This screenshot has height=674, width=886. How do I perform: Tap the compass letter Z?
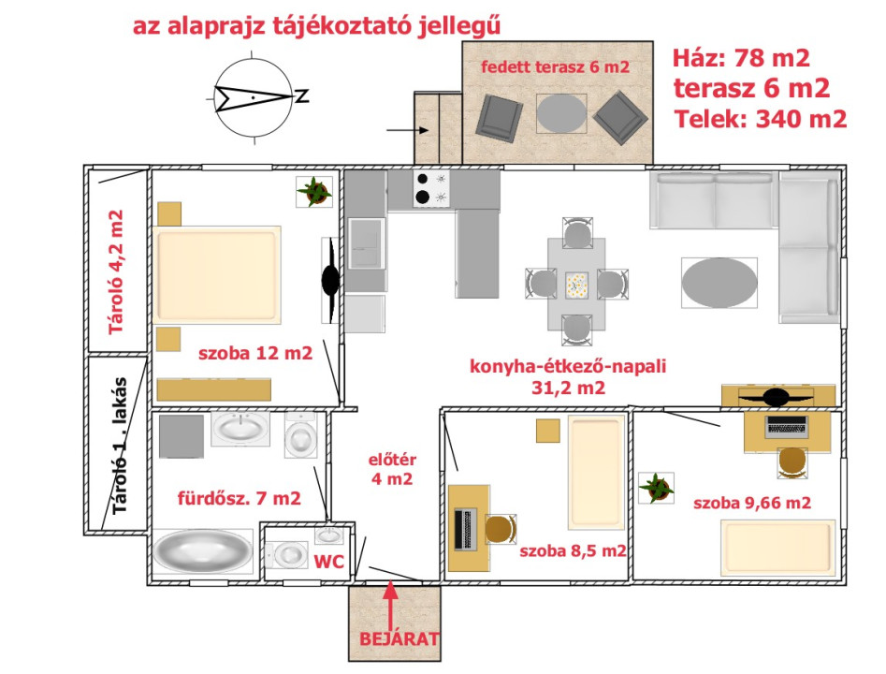tap(303, 95)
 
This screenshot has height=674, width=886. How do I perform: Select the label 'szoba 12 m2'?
tap(254, 354)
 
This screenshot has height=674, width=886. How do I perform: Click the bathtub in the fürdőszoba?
tap(202, 550)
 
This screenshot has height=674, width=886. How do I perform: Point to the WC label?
tap(329, 562)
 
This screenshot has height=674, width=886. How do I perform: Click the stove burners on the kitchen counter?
tap(431, 188)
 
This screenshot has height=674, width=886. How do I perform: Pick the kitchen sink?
tap(366, 243)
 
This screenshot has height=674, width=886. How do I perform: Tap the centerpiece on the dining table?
tap(576, 286)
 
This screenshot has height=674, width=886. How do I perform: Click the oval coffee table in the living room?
tap(719, 283)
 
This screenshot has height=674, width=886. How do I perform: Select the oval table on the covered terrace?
tap(561, 113)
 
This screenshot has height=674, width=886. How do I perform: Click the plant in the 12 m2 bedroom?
tap(314, 192)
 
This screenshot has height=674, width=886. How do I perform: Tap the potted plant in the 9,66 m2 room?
tap(656, 488)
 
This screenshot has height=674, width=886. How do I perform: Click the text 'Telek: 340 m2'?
tap(761, 119)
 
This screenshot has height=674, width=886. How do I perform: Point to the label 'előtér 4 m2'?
tap(392, 469)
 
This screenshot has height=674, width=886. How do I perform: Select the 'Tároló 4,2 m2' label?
tap(116, 272)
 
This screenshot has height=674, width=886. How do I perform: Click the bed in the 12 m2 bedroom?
tap(217, 275)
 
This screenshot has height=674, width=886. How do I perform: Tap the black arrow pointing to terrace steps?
tap(407, 130)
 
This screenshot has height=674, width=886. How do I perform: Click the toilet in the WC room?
tap(286, 555)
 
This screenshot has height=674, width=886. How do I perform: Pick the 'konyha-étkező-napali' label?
tap(568, 366)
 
